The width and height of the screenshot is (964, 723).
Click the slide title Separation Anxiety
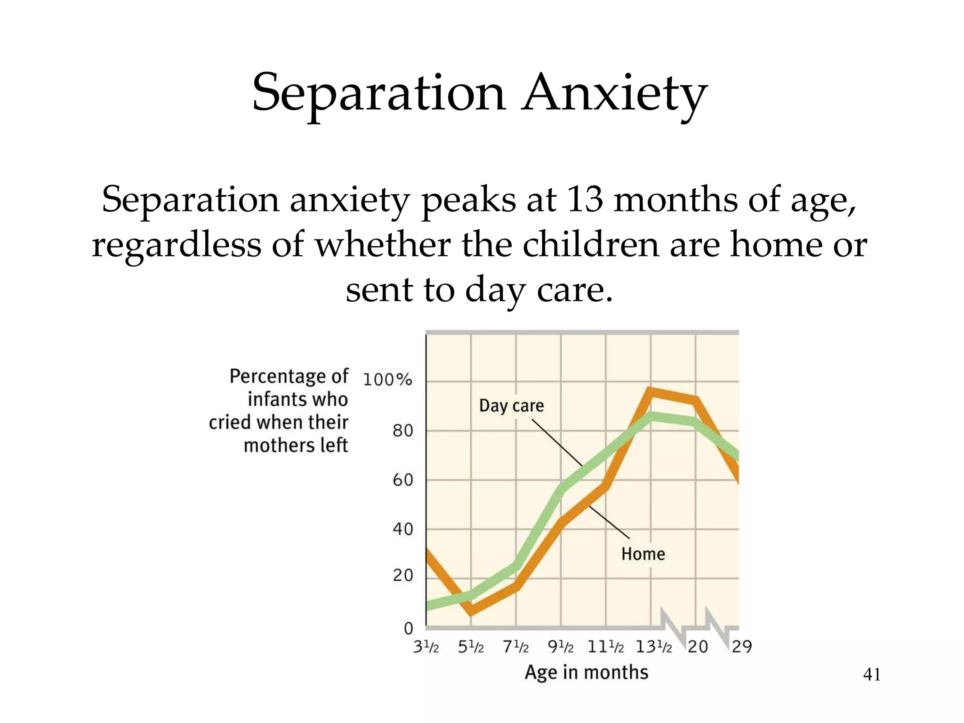pyautogui.click(x=479, y=93)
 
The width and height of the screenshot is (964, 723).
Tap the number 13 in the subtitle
pyautogui.click(x=585, y=200)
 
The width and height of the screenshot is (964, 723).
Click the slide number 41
pyautogui.click(x=872, y=675)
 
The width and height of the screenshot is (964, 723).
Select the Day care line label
pyautogui.click(x=511, y=406)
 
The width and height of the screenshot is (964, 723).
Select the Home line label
pyautogui.click(x=643, y=554)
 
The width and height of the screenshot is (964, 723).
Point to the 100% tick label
pyautogui.click(x=387, y=379)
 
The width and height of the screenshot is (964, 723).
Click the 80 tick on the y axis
pyautogui.click(x=402, y=431)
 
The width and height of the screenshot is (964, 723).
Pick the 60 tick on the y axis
pyautogui.click(x=402, y=480)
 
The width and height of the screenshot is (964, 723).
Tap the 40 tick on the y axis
pyautogui.click(x=402, y=530)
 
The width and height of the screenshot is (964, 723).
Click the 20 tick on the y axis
pyautogui.click(x=402, y=575)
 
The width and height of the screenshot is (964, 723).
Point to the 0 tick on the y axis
pyautogui.click(x=408, y=628)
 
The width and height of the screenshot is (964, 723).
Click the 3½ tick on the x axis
pyautogui.click(x=426, y=647)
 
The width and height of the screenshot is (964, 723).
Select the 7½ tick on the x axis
pyautogui.click(x=516, y=647)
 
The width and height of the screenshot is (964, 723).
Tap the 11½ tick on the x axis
pyautogui.click(x=606, y=647)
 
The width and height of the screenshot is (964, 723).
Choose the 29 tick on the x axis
pyautogui.click(x=742, y=647)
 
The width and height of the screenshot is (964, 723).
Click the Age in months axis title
pyautogui.click(x=586, y=673)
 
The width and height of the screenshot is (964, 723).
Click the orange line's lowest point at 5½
pyautogui.click(x=472, y=611)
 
